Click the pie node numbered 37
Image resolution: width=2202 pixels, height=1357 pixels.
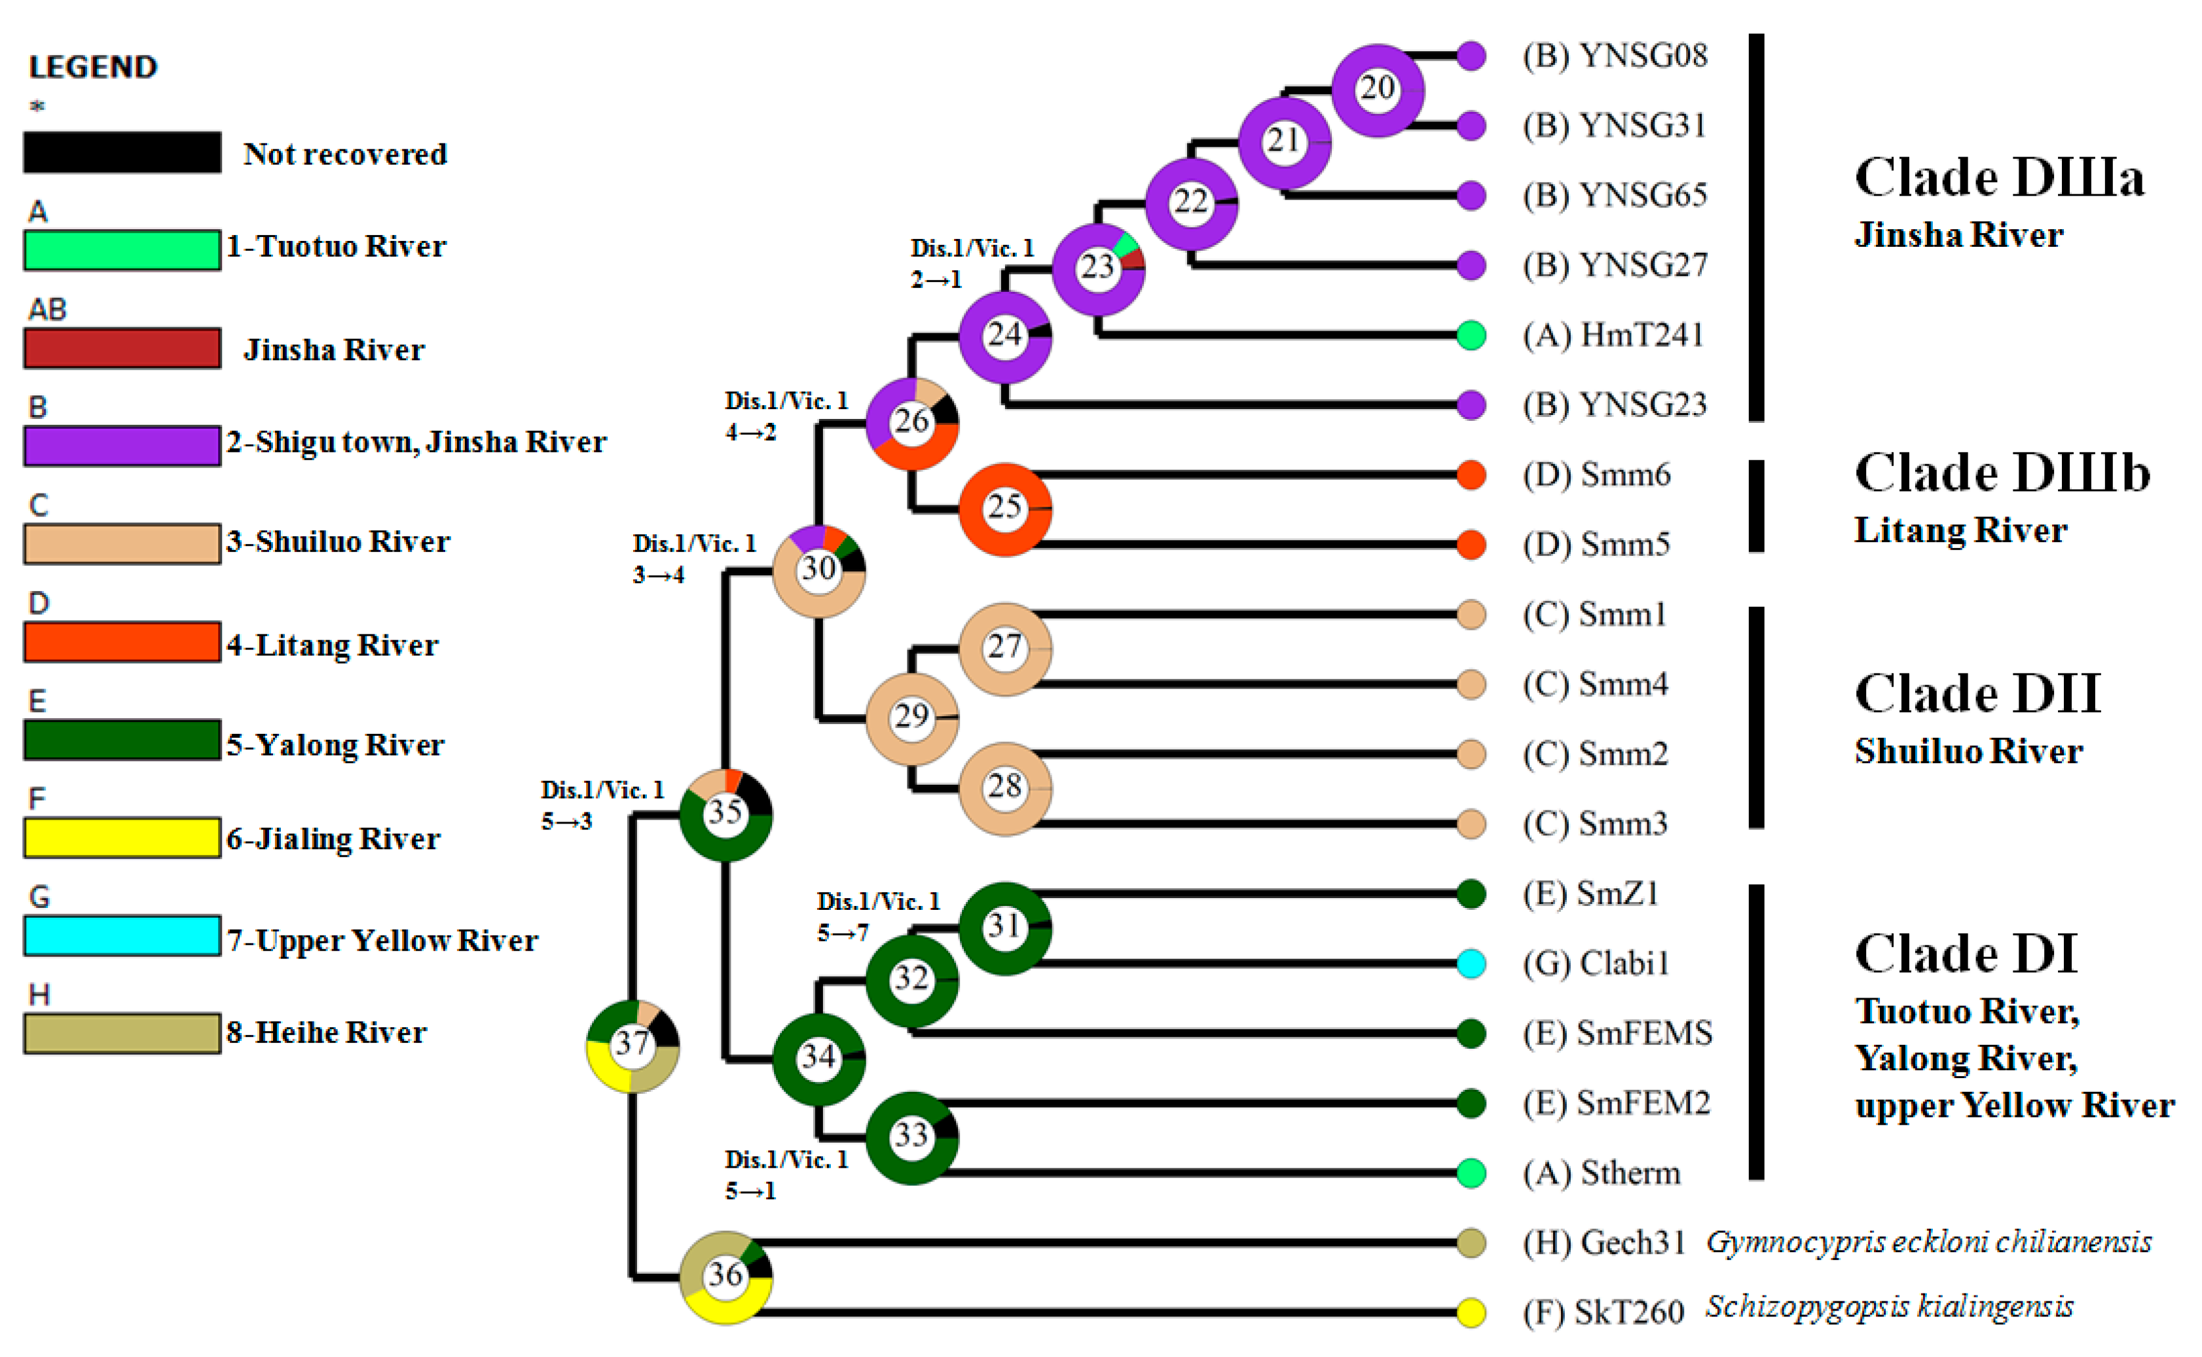point(632,1045)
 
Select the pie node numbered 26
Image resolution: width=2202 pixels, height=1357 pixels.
point(911,422)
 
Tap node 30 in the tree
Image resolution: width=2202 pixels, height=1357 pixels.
point(818,570)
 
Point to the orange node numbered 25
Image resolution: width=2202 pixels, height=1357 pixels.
point(1004,509)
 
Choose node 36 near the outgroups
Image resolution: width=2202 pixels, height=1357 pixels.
point(725,1276)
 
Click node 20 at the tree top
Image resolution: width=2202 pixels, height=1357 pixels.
point(1377,90)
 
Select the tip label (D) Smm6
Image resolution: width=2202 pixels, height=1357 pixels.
point(1596,474)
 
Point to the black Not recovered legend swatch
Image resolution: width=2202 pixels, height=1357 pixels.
point(122,153)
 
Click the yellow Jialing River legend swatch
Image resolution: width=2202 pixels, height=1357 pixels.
point(122,837)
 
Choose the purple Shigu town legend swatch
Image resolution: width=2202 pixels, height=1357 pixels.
point(122,445)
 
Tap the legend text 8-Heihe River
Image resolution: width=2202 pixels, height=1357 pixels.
point(326,1032)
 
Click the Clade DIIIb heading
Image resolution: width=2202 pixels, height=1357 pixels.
point(2002,473)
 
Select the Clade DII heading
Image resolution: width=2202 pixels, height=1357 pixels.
point(1977,694)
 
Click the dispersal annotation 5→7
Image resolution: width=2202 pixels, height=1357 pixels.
point(842,933)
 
